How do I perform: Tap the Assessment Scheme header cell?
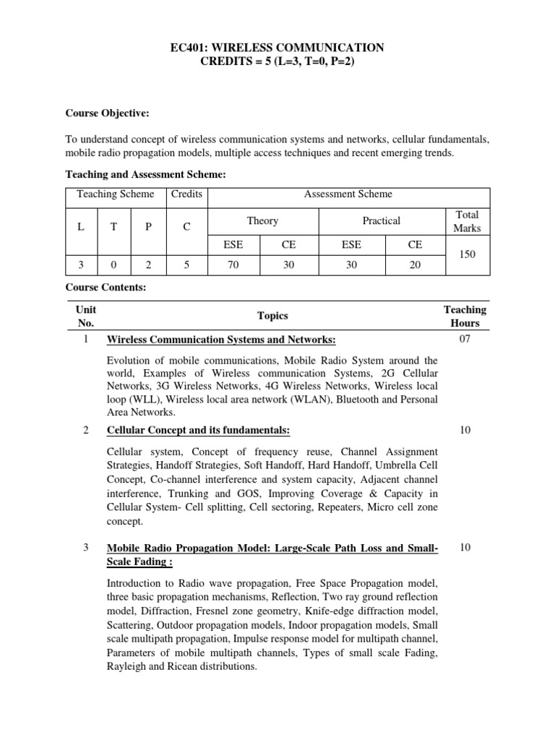pos(348,194)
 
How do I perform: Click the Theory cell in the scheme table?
pos(262,220)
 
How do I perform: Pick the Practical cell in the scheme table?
pos(381,220)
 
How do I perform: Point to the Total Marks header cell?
pos(466,221)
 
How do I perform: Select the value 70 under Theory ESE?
pos(233,265)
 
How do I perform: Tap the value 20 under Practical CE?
pos(415,265)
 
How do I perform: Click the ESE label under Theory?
pos(233,245)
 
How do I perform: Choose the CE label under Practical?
pos(415,245)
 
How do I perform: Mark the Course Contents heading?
pos(106,287)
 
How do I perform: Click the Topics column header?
pos(272,316)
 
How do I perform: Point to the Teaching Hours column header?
pos(465,317)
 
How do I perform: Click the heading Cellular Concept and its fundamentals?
pos(198,430)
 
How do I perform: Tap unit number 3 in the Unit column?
pos(86,548)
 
